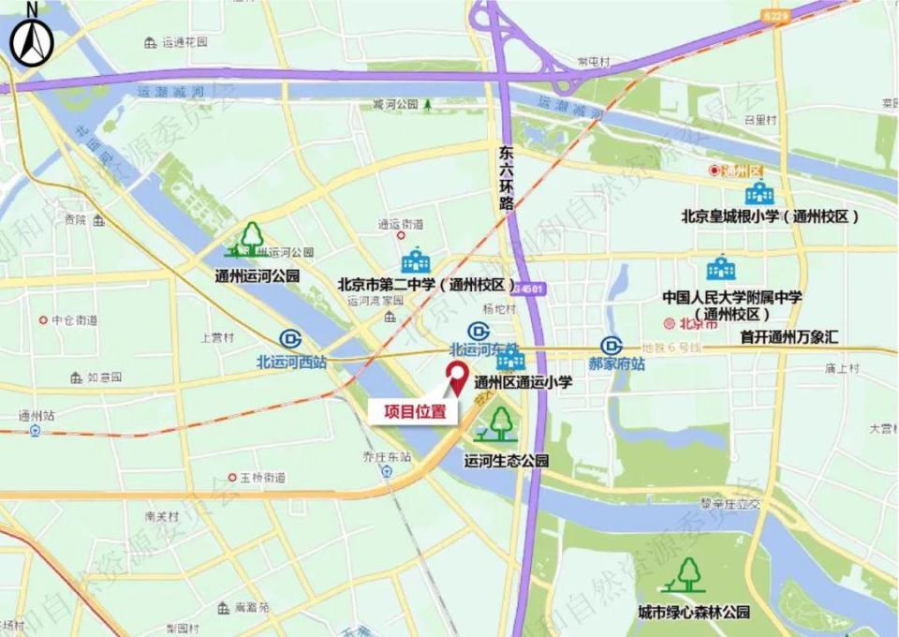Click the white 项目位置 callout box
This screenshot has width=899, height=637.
click(x=412, y=410)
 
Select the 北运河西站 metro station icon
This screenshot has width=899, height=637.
click(x=290, y=340)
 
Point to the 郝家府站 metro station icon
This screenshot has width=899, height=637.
click(x=612, y=345)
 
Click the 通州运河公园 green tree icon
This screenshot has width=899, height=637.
click(x=251, y=240)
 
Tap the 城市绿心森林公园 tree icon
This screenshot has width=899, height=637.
click(x=689, y=574)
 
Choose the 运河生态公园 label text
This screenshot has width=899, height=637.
click(x=506, y=461)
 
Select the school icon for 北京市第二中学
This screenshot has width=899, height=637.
click(x=415, y=261)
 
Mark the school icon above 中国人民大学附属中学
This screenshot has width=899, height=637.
click(x=721, y=270)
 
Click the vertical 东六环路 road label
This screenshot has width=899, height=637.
click(x=507, y=178)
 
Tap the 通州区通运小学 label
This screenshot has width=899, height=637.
click(x=523, y=382)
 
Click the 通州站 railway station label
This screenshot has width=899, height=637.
click(x=37, y=415)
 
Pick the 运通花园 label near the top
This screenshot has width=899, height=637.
click(x=184, y=42)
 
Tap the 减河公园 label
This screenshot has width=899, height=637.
click(x=394, y=104)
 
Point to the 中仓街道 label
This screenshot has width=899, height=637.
click(x=75, y=319)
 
